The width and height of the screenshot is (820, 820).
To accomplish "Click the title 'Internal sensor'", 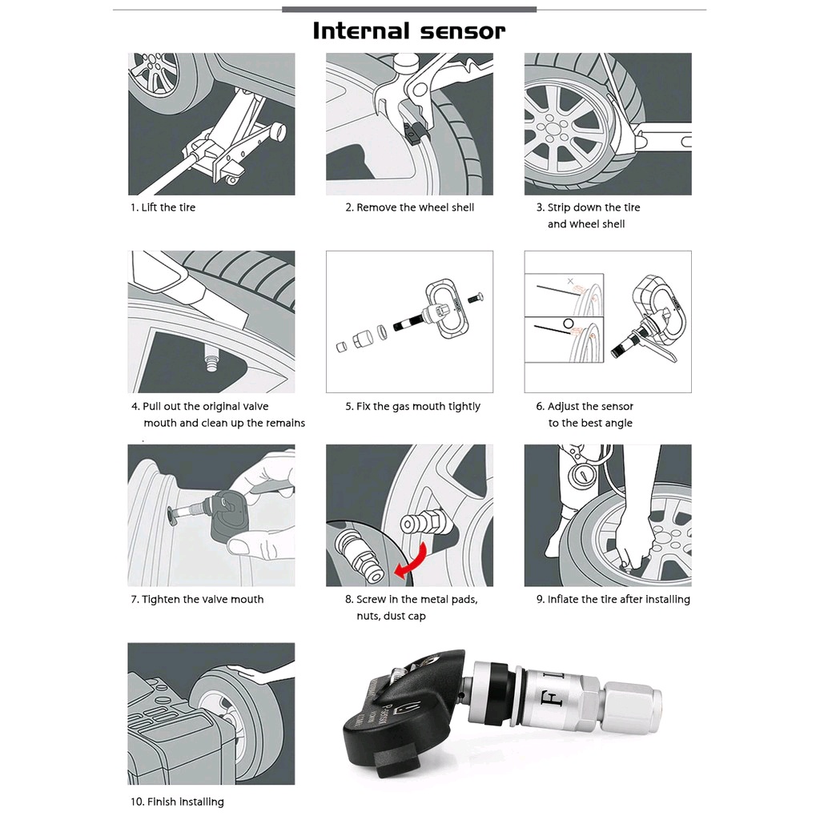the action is [x=409, y=31].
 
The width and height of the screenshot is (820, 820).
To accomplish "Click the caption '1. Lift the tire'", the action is [x=163, y=207].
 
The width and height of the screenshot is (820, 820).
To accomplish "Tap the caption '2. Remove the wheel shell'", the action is [x=409, y=207].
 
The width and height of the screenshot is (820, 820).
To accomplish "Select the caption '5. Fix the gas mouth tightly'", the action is [x=412, y=406].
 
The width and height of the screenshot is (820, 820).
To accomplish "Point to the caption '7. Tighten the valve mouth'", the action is [x=197, y=599].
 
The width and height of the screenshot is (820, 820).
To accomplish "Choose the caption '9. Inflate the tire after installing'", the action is [x=613, y=599].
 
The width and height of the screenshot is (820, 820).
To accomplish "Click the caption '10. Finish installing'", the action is [x=177, y=802].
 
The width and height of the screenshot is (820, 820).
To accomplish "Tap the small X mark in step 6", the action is [x=570, y=281].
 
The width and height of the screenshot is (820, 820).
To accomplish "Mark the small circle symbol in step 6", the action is [x=569, y=324].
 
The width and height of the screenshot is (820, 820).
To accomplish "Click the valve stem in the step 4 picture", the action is [x=211, y=360].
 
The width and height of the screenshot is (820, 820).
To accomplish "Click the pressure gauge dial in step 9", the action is [x=581, y=476].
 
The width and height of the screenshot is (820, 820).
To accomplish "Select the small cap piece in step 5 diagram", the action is [x=341, y=347].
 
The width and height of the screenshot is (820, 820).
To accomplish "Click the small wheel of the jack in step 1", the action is [x=230, y=180].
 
